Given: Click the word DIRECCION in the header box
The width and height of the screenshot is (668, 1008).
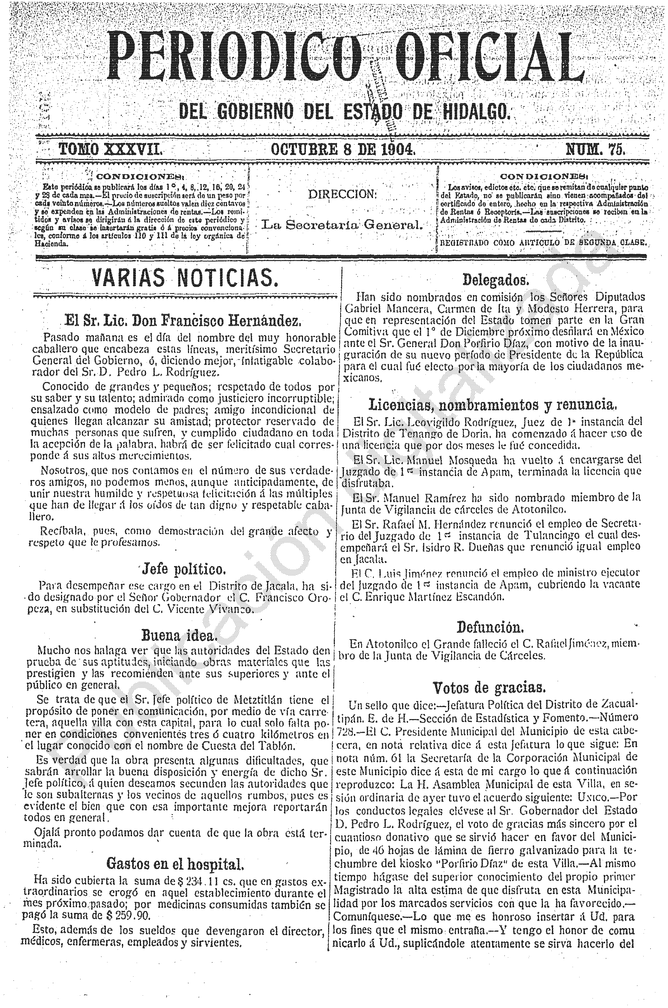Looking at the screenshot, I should tap(342, 195).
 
